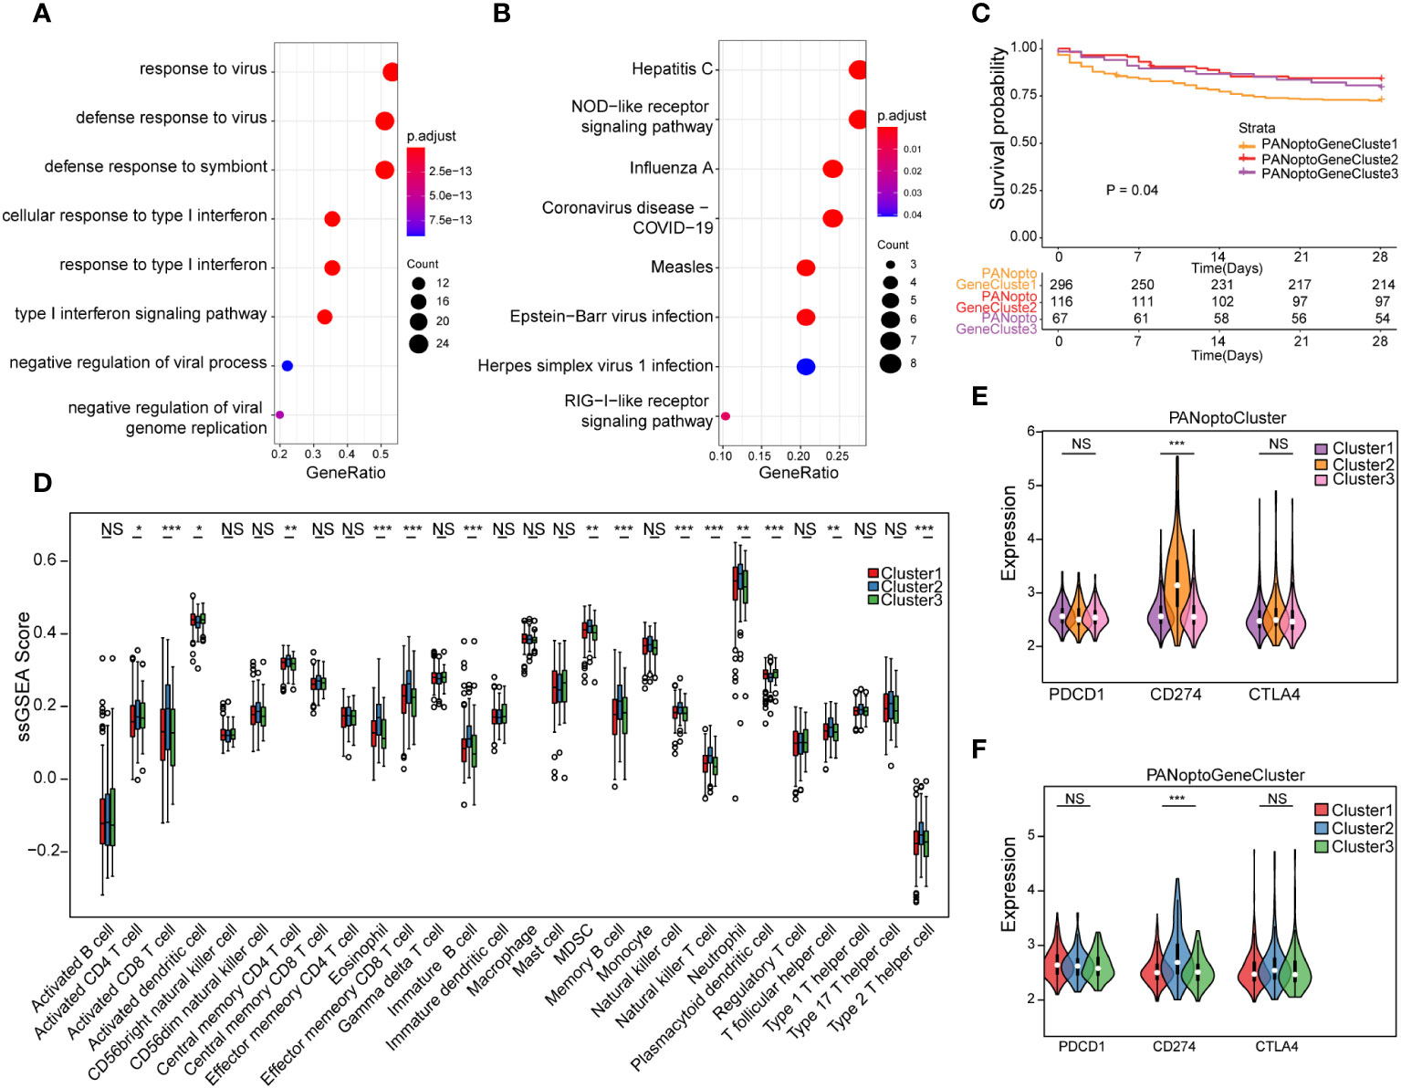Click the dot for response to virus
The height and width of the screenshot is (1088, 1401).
tap(390, 72)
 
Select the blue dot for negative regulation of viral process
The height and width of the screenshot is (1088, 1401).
tap(287, 366)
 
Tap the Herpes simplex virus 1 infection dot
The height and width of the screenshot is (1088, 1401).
tap(805, 367)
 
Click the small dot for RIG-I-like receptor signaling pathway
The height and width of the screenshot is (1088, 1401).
tap(726, 416)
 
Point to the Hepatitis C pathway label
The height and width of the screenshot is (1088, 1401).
tap(672, 69)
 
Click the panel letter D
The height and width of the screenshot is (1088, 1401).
tap(42, 484)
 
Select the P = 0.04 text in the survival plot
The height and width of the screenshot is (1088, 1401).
tap(1132, 190)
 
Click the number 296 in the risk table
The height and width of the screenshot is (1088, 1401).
tap(1061, 285)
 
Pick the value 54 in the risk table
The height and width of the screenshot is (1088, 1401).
tap(1382, 319)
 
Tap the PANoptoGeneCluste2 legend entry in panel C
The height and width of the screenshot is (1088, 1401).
tap(1329, 159)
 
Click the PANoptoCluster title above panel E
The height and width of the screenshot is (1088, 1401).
tap(1227, 418)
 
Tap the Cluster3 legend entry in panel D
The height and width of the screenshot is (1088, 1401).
tap(911, 601)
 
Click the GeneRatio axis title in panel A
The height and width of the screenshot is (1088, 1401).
tap(345, 473)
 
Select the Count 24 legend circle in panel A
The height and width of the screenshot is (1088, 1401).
tap(419, 343)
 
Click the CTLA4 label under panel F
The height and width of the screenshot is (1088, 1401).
tap(1276, 1047)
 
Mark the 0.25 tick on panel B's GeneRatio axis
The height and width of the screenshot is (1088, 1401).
tap(837, 455)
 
